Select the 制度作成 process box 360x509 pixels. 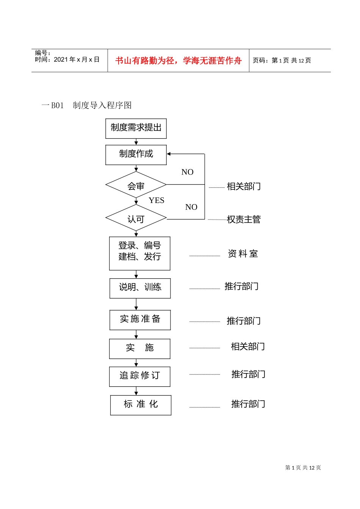pos(136,155)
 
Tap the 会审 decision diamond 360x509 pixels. pos(136,185)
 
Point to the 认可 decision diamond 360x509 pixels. pos(136,219)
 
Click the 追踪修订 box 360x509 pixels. pos(139,376)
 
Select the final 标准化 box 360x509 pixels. pos(141,405)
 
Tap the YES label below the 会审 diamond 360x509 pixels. pos(157,200)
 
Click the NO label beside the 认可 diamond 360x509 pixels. pos(191,207)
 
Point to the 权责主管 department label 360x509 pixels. pos(244,219)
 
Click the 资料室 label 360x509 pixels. pos(243,254)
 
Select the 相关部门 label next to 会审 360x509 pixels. pos(244,186)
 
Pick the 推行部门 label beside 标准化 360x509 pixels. pos(248,404)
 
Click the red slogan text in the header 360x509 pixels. pos(178,61)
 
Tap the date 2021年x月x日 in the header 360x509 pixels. pos(77,60)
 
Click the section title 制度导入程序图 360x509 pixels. pos(102,105)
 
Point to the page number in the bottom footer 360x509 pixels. pos(303,468)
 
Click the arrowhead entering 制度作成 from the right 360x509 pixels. pos(169,154)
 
